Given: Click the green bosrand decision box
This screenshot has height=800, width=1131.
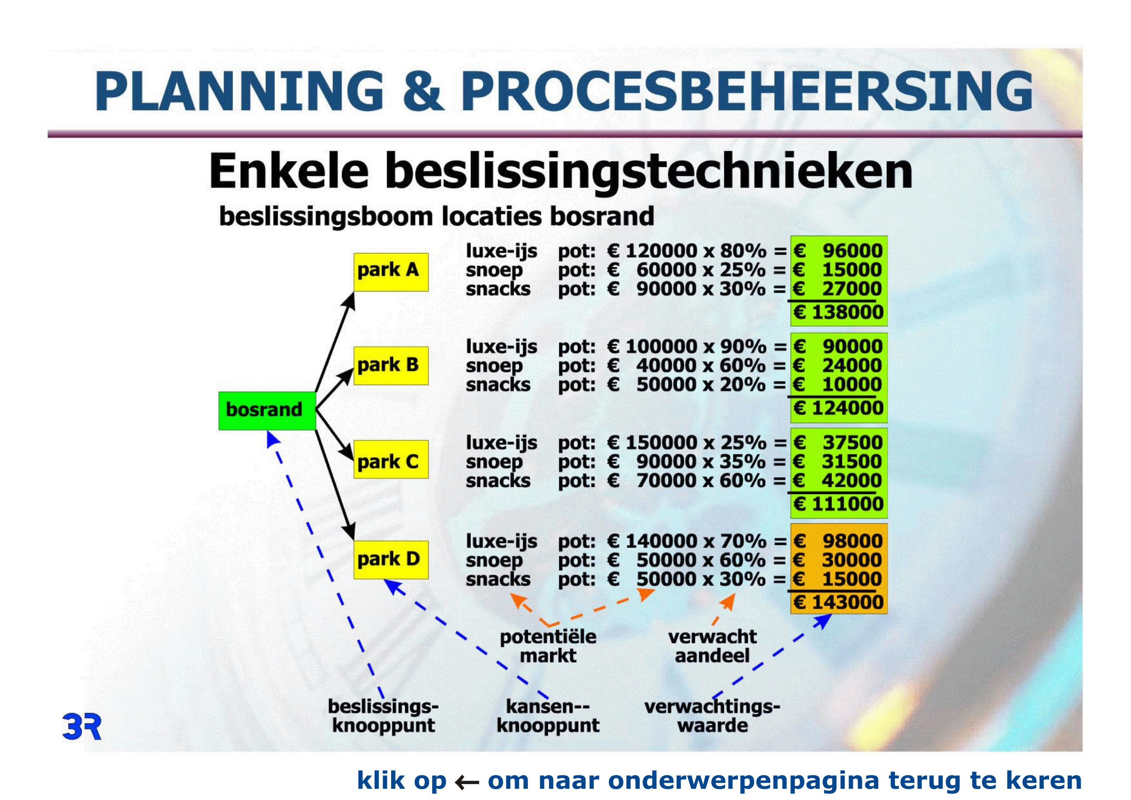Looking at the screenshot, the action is click(267, 411).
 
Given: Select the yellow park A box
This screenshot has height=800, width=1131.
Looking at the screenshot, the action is click(391, 272).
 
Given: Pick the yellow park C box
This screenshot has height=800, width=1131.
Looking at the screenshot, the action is click(391, 460).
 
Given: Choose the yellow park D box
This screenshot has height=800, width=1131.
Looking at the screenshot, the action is click(391, 560).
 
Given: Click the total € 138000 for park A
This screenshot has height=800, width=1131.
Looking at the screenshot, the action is click(838, 312).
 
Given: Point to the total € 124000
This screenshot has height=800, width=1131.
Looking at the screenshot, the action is click(838, 408).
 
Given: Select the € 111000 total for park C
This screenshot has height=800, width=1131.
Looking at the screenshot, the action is click(838, 504).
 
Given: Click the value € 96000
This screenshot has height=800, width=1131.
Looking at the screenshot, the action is click(838, 251).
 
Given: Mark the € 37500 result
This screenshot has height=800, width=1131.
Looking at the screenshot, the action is click(838, 442).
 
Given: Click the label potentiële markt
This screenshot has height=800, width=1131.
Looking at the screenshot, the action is click(548, 646).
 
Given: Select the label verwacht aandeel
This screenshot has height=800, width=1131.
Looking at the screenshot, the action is click(712, 646).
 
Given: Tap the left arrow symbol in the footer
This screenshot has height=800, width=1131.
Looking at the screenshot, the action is click(467, 782).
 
